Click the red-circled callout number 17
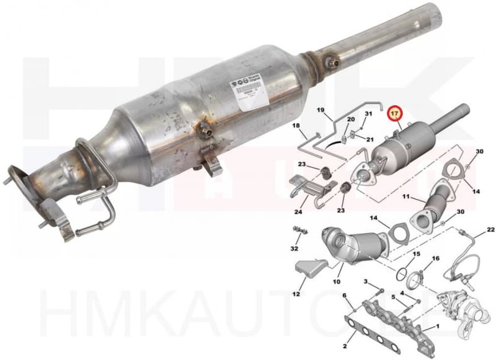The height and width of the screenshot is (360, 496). tap(395, 115)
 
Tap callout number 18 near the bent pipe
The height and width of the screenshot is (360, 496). tap(296, 126)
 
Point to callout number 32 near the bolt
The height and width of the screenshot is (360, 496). tap(294, 248)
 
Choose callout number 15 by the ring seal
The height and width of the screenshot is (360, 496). tap(416, 255)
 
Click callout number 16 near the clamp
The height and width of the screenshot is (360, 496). tap(435, 258)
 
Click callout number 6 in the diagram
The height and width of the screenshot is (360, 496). tap(345, 296)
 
